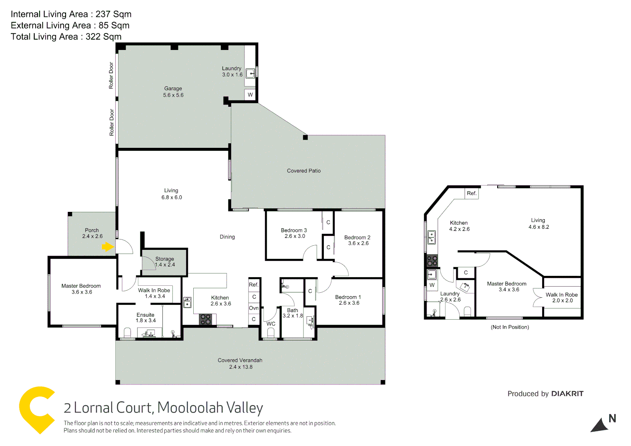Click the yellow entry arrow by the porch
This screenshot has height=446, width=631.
pyautogui.click(x=108, y=247)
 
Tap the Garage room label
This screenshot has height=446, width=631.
pyautogui.click(x=173, y=88)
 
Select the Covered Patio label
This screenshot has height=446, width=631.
pyautogui.click(x=304, y=171)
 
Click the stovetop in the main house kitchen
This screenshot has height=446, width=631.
pyautogui.click(x=206, y=319)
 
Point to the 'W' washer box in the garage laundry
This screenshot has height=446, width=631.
pyautogui.click(x=250, y=95)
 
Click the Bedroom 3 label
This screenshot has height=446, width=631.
pyautogui.click(x=294, y=230)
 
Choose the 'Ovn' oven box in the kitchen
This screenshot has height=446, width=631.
pyautogui.click(x=254, y=308)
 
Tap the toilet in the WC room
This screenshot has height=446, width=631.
pyautogui.click(x=271, y=333)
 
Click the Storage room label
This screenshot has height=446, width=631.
pyautogui.click(x=164, y=259)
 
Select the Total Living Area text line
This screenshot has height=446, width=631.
pyautogui.click(x=66, y=37)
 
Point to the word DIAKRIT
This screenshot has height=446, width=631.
pyautogui.click(x=567, y=394)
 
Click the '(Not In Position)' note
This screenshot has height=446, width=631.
pyautogui.click(x=510, y=327)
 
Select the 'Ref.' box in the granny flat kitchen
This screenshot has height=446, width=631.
pyautogui.click(x=472, y=193)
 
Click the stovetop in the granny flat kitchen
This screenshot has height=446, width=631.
pyautogui.click(x=432, y=261)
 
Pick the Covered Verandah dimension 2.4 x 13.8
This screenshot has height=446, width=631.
pyautogui.click(x=241, y=367)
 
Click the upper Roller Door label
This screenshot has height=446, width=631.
pyautogui.click(x=111, y=75)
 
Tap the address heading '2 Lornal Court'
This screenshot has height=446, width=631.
pyautogui.click(x=108, y=408)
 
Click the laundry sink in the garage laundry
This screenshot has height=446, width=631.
pyautogui.click(x=250, y=74)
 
